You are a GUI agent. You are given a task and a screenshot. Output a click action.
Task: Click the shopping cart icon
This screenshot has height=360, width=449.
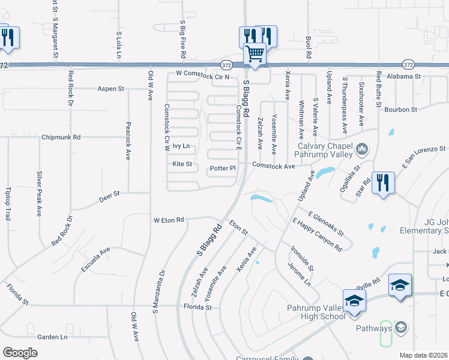pos(255,55)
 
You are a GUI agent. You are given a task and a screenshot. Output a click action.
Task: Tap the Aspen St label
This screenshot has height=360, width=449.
pos(111,89)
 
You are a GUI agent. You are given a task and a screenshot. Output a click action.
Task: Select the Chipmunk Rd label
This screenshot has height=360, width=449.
pos(61,137)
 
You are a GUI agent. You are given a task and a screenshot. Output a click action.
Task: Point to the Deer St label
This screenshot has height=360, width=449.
pos(110,194)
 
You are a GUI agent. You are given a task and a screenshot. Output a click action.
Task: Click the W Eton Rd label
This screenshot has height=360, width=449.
pos(169,220)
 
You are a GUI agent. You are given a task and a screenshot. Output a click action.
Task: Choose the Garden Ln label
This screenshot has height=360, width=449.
pos(52,337)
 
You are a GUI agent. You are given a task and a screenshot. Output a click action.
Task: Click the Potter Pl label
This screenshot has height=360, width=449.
pos(223,169)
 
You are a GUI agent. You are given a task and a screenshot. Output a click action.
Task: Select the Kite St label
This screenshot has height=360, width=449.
pos(182,164)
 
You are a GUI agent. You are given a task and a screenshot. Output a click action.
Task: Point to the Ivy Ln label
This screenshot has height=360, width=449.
pos(181,146)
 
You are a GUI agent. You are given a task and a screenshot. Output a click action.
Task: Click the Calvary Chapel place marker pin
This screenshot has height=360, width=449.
pos(362,148)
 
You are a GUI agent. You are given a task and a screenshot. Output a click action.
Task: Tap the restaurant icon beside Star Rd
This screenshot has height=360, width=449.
pos(383,182)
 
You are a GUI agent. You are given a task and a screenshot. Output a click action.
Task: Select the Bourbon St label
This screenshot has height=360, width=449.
pos(400,110)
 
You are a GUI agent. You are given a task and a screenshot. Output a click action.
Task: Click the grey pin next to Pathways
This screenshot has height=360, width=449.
pos(401,328)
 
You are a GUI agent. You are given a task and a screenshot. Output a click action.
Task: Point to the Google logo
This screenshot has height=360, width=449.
pos(20,352)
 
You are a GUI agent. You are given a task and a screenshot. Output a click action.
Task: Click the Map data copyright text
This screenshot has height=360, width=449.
pos(424,355)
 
